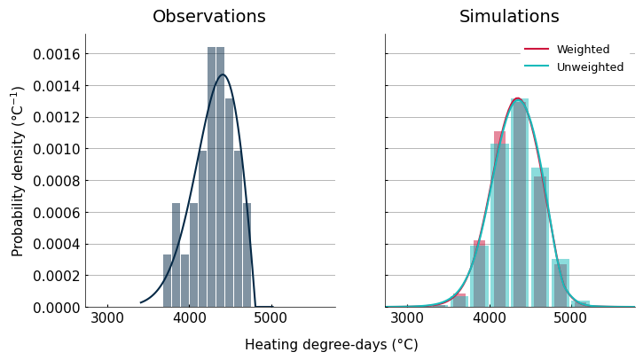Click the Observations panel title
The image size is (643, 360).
pyautogui.click(x=209, y=16)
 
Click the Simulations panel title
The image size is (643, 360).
pyautogui.click(x=509, y=16)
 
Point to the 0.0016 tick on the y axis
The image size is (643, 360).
pyautogui.click(x=56, y=54)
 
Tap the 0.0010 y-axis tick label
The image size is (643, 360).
pyautogui.click(x=56, y=149)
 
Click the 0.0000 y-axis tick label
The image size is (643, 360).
pyautogui.click(x=56, y=308)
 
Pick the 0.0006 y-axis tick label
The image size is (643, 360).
pyautogui.click(x=56, y=213)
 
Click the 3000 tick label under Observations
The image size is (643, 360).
pyautogui.click(x=107, y=318)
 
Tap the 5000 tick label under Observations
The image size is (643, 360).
pyautogui.click(x=271, y=318)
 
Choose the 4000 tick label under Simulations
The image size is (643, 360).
pyautogui.click(x=489, y=318)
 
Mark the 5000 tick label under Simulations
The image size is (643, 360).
pyautogui.click(x=570, y=318)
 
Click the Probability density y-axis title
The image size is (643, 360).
pyautogui.click(x=17, y=171)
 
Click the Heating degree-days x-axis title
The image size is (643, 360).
pyautogui.click(x=332, y=344)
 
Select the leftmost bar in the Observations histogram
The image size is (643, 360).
pyautogui.click(x=167, y=280)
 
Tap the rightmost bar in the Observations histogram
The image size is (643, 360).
pyautogui.click(x=247, y=255)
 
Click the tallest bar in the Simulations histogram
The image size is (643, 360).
pyautogui.click(x=519, y=202)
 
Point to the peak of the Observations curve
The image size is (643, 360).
pyautogui.click(x=223, y=74)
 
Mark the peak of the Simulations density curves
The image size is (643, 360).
pyautogui.click(x=518, y=98)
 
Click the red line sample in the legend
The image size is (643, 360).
pyautogui.click(x=537, y=49)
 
